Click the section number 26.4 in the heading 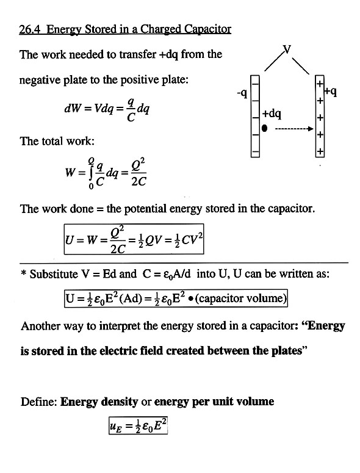[x=29, y=29]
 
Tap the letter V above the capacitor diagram [x=287, y=49]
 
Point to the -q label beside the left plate [x=242, y=94]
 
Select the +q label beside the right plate [x=331, y=92]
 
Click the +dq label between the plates [x=272, y=114]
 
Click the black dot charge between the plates [x=264, y=128]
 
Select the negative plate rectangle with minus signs [x=255, y=116]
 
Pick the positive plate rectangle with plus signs [x=320, y=116]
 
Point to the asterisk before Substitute [x=24, y=273]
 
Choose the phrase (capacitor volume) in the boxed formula [x=240, y=298]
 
